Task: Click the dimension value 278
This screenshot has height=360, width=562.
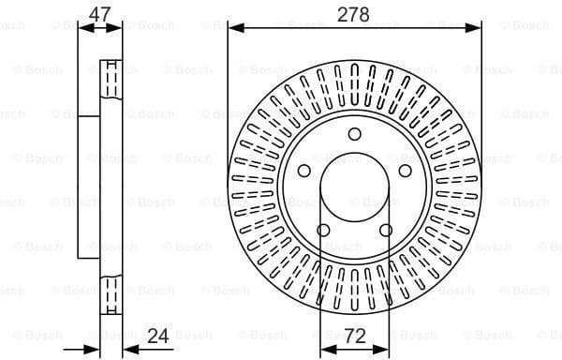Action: click(x=354, y=14)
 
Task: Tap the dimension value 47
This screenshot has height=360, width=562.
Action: click(x=100, y=14)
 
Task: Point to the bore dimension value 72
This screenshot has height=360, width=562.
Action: click(x=354, y=334)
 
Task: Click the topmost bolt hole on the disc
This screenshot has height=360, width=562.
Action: click(x=354, y=133)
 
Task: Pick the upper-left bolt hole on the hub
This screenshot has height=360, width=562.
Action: click(x=303, y=170)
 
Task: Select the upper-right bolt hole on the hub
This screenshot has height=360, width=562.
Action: click(x=405, y=170)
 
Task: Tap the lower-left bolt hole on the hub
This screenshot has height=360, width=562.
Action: click(x=323, y=231)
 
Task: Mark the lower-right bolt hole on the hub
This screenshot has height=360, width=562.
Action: click(x=385, y=231)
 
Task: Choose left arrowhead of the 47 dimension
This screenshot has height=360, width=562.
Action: click(x=83, y=28)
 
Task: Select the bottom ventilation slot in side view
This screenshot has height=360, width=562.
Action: click(x=111, y=291)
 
